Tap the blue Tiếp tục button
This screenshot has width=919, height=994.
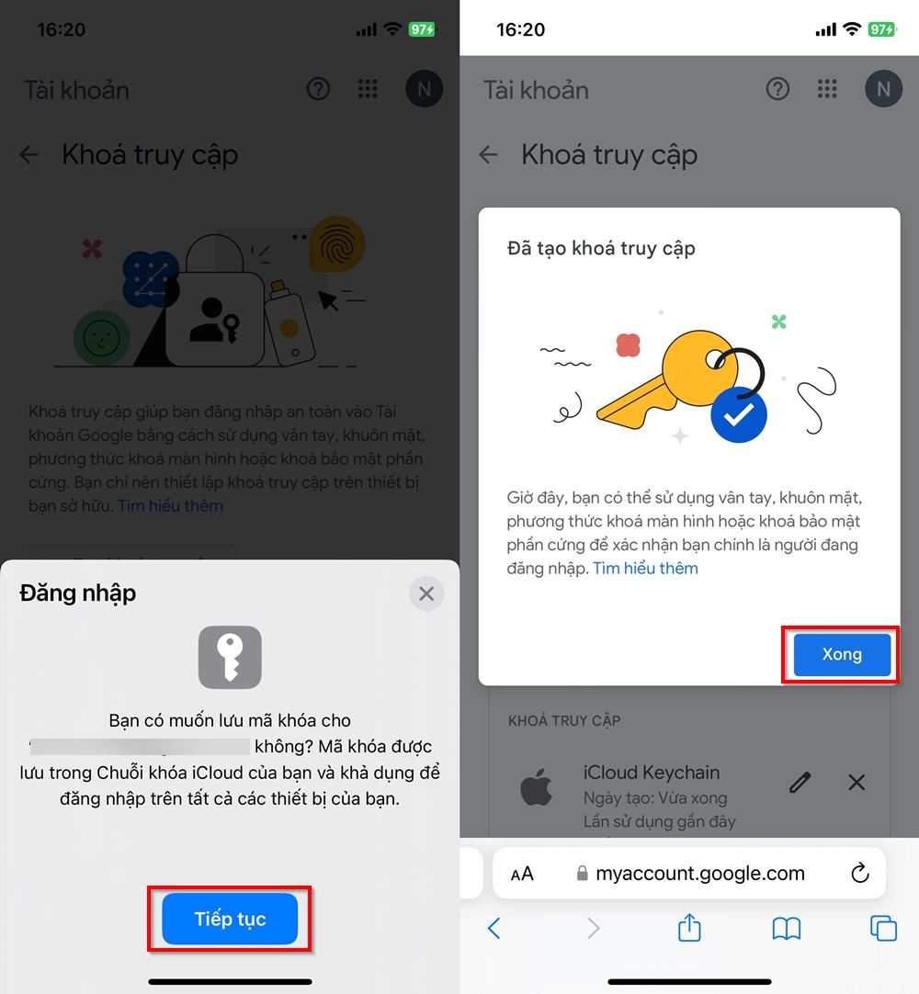[230, 919]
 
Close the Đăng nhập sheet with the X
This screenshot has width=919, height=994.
[426, 593]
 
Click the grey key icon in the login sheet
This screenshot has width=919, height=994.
[230, 657]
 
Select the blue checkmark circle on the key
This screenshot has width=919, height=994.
[738, 416]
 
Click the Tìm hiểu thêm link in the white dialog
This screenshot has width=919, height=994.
[645, 569]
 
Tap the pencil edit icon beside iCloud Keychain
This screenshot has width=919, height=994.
[800, 782]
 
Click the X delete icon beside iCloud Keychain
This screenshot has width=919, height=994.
[857, 782]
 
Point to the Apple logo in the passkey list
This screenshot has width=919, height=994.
[537, 788]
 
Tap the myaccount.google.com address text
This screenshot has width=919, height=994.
[699, 874]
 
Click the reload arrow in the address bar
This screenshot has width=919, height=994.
[860, 874]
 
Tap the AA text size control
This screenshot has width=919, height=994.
[522, 875]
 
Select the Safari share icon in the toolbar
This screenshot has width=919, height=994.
[689, 929]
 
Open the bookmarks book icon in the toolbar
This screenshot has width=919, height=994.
[786, 929]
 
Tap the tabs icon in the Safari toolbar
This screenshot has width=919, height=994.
[883, 929]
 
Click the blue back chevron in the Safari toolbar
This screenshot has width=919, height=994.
[494, 929]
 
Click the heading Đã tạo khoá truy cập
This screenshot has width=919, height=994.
[601, 248]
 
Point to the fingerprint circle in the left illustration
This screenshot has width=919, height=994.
[337, 243]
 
